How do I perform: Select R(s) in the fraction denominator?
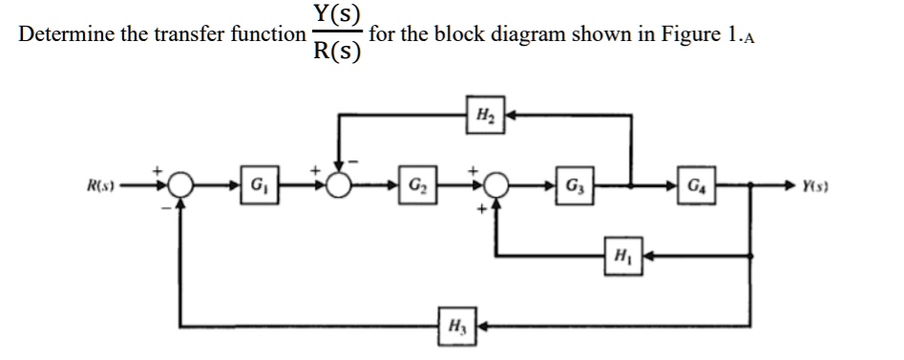tap(336, 52)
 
